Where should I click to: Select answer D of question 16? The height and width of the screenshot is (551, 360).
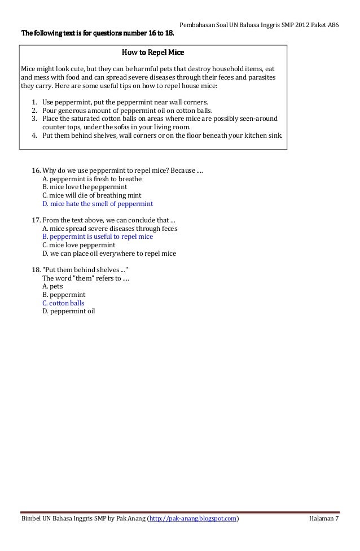pyautogui.click(x=98, y=204)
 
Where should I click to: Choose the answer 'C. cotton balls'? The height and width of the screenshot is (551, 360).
pyautogui.click(x=63, y=303)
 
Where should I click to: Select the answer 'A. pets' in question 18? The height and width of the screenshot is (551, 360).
pyautogui.click(x=52, y=287)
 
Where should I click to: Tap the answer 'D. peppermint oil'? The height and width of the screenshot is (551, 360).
pyautogui.click(x=68, y=311)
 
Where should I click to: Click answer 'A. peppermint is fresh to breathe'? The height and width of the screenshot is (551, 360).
pyautogui.click(x=92, y=179)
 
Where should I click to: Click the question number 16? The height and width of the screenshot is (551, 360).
pyautogui.click(x=36, y=170)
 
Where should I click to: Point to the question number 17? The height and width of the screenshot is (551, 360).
pyautogui.click(x=36, y=220)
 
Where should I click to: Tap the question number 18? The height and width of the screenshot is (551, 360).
pyautogui.click(x=36, y=270)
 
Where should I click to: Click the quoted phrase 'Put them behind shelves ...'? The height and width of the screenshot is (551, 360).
pyautogui.click(x=85, y=270)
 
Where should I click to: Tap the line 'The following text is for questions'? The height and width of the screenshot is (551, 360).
pyautogui.click(x=98, y=33)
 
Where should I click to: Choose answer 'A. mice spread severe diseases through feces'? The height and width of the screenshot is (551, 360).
pyautogui.click(x=109, y=229)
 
